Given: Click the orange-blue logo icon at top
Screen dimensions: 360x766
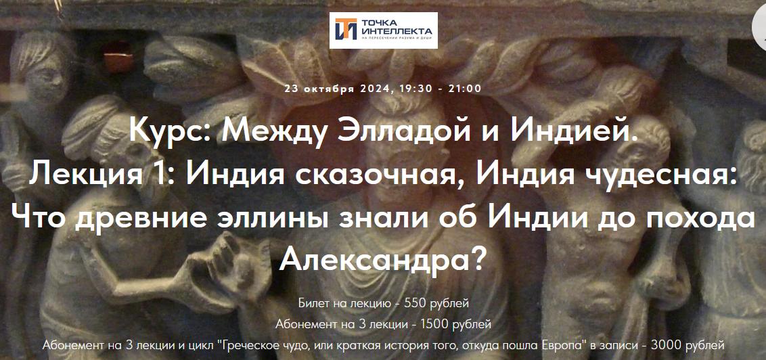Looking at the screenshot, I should click(346, 30).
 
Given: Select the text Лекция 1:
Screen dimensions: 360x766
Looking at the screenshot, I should click(102, 175).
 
